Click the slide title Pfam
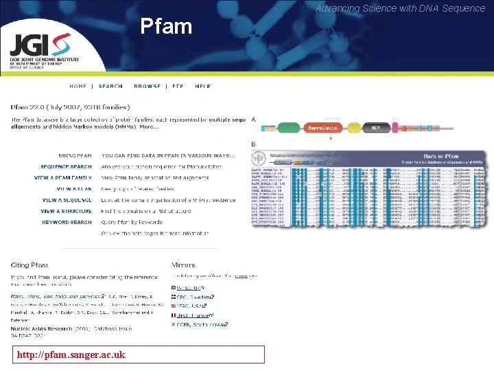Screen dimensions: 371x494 click(166, 27)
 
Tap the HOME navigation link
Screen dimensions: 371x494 click(78, 87)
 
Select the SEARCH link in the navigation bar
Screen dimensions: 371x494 click(110, 87)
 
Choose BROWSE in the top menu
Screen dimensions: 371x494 click(148, 87)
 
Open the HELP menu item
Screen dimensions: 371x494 click(202, 87)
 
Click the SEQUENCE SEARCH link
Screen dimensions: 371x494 click(66, 167)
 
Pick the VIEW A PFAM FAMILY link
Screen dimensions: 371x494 click(63, 177)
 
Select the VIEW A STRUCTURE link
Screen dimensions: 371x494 click(66, 212)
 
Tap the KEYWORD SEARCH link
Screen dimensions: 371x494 click(67, 223)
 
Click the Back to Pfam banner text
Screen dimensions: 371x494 click(441, 157)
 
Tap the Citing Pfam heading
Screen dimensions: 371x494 click(29, 265)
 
